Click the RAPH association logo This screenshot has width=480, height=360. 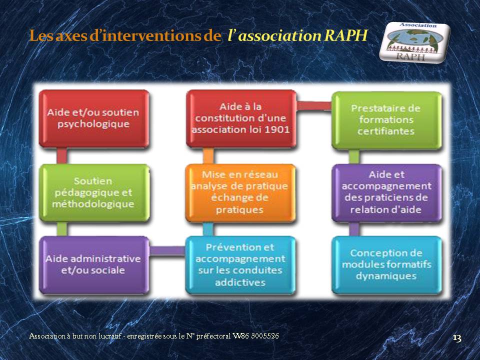pyautogui.click(x=415, y=41)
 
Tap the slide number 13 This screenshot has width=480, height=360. pyautogui.click(x=456, y=338)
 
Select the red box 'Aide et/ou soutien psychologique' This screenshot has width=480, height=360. pyautogui.click(x=93, y=118)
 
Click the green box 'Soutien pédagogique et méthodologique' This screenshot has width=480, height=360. pyautogui.click(x=94, y=192)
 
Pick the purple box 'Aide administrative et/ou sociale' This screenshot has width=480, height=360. pyautogui.click(x=94, y=264)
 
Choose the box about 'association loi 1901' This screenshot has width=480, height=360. pyautogui.click(x=241, y=118)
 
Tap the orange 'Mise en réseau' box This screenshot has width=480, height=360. pyautogui.click(x=240, y=192)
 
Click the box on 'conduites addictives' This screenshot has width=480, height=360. pyautogui.click(x=240, y=265)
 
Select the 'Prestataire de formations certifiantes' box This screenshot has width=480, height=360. pyautogui.click(x=386, y=120)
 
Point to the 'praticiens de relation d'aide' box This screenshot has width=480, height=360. pyautogui.click(x=386, y=192)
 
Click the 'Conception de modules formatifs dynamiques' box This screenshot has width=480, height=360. pyautogui.click(x=386, y=265)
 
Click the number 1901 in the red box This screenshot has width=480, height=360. pyautogui.click(x=277, y=129)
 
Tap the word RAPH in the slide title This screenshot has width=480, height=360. pyautogui.click(x=345, y=35)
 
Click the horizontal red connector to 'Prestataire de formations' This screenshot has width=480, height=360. pyautogui.click(x=314, y=105)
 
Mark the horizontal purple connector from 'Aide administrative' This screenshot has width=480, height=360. pyautogui.click(x=167, y=250)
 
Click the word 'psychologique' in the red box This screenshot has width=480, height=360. pyautogui.click(x=93, y=124)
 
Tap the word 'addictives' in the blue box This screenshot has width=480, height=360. pyautogui.click(x=240, y=282)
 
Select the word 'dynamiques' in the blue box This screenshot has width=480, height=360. pyautogui.click(x=386, y=276)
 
